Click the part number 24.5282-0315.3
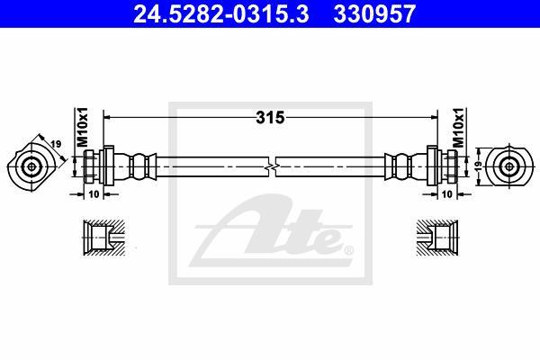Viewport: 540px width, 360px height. click(x=221, y=13)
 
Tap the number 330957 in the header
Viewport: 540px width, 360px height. click(x=374, y=13)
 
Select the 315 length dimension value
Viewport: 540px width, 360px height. click(x=270, y=118)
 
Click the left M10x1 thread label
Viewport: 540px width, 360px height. click(x=82, y=127)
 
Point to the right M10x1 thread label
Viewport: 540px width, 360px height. click(x=458, y=127)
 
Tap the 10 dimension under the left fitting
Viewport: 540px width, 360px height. click(x=94, y=194)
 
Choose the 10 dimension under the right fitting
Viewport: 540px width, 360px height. click(x=446, y=194)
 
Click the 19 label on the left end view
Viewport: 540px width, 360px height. click(x=56, y=144)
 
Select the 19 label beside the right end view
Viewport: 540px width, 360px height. click(x=478, y=166)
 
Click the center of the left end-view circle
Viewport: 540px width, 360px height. click(x=32, y=167)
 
